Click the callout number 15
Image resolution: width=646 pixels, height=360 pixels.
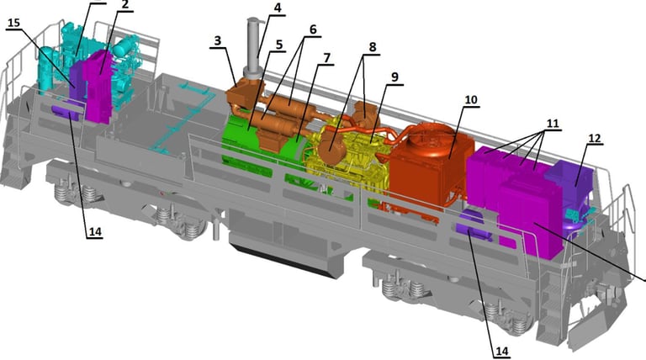[13, 23]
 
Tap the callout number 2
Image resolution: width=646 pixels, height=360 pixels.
[125, 5]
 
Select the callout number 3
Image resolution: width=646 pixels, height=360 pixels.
[218, 40]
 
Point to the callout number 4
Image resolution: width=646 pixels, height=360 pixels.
[278, 8]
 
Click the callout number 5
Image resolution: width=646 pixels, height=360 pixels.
[279, 45]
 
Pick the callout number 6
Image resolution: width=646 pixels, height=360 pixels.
[313, 29]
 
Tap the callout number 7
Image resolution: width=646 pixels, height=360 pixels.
[326, 58]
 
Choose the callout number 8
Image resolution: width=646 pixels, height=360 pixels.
[373, 47]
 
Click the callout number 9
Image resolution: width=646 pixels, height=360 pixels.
[395, 77]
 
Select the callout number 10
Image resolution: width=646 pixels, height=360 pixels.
[471, 100]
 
